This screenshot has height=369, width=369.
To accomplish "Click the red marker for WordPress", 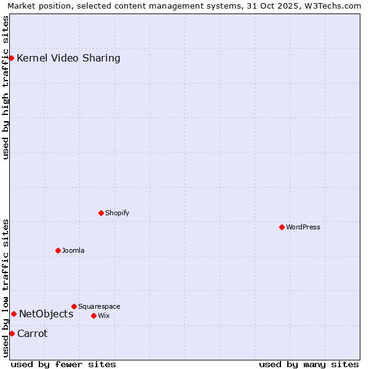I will pos(282,227).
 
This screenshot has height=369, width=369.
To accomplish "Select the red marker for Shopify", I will pos(101,213).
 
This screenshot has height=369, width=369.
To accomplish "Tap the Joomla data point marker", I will pos(58,250).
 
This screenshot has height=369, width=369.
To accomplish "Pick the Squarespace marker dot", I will pos(74,306).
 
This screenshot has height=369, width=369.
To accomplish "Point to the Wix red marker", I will pos(93,315).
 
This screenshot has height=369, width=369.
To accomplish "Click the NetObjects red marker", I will pos(14,314).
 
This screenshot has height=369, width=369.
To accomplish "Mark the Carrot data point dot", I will pos(12,333).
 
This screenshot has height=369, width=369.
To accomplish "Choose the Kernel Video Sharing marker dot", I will pos(11,58).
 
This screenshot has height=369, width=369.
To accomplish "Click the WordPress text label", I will pos(303,227).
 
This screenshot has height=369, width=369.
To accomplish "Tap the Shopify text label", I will pos(117,213).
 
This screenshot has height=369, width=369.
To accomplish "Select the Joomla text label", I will pos(73,250).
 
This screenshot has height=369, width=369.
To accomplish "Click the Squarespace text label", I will pos(99,306).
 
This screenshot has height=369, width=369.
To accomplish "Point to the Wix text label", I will pos(104,315).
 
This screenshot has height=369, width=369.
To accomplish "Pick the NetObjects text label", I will pos(46,314).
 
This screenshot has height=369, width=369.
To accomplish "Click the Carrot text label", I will pos(33,333).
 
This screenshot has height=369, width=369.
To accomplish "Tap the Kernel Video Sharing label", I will pos(69,58).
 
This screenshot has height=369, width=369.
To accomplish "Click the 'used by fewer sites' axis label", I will pos(63,364).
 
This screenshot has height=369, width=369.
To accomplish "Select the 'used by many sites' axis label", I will pos(309,364).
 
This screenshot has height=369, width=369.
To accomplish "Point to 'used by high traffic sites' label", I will pos(6,87).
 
